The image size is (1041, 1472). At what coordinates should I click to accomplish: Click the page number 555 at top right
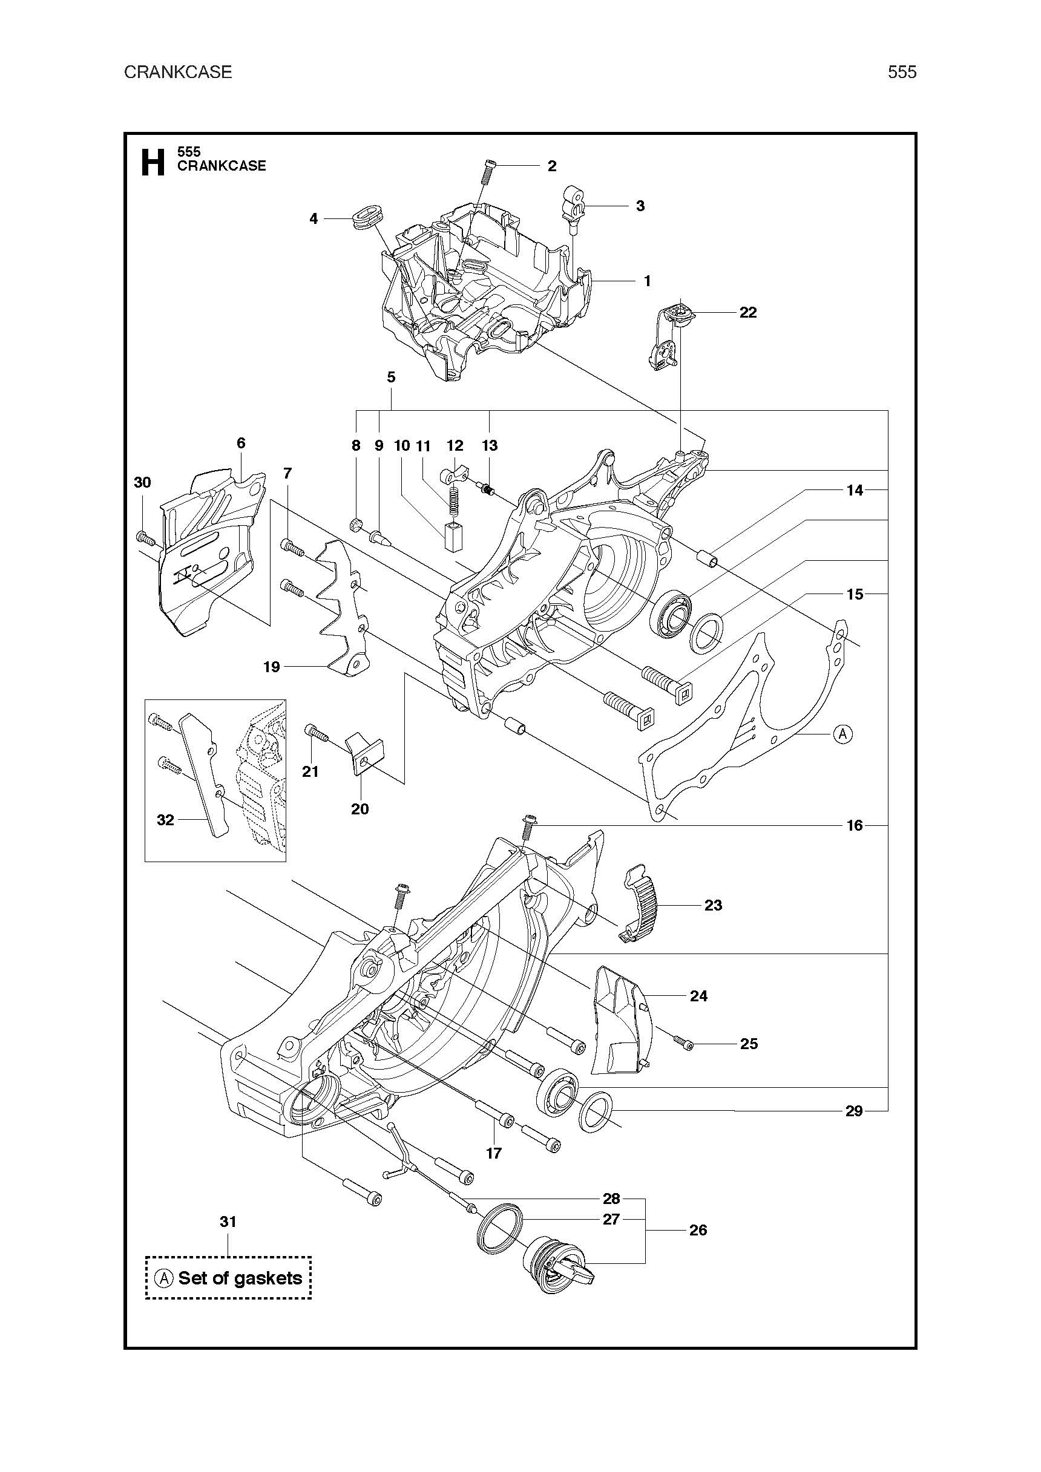click(902, 72)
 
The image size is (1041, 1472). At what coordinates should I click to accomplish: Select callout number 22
click(748, 312)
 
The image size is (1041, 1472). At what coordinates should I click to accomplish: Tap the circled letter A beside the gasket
click(843, 733)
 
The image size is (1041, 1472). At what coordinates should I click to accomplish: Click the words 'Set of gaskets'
click(240, 1278)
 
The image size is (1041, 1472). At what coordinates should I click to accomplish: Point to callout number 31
click(228, 1222)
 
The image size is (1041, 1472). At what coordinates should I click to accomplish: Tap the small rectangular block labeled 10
click(453, 535)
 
